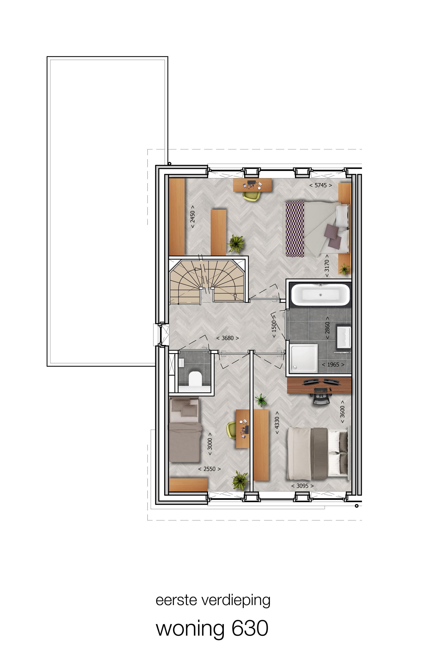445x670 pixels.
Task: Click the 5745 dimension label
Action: (x=320, y=185)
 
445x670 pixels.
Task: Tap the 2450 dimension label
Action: (x=193, y=217)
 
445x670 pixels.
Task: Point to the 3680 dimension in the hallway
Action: (x=227, y=338)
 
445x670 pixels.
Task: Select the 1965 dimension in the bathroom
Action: (x=333, y=364)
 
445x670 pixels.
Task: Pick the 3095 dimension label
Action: (x=302, y=486)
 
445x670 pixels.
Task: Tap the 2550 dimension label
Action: (x=209, y=469)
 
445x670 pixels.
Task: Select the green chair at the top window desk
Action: (x=251, y=196)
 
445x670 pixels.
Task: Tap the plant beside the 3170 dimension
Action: (x=344, y=269)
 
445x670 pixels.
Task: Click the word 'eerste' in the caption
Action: (x=176, y=600)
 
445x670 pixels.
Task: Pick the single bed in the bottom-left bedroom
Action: (x=185, y=430)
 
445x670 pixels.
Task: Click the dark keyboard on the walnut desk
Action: (x=320, y=389)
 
